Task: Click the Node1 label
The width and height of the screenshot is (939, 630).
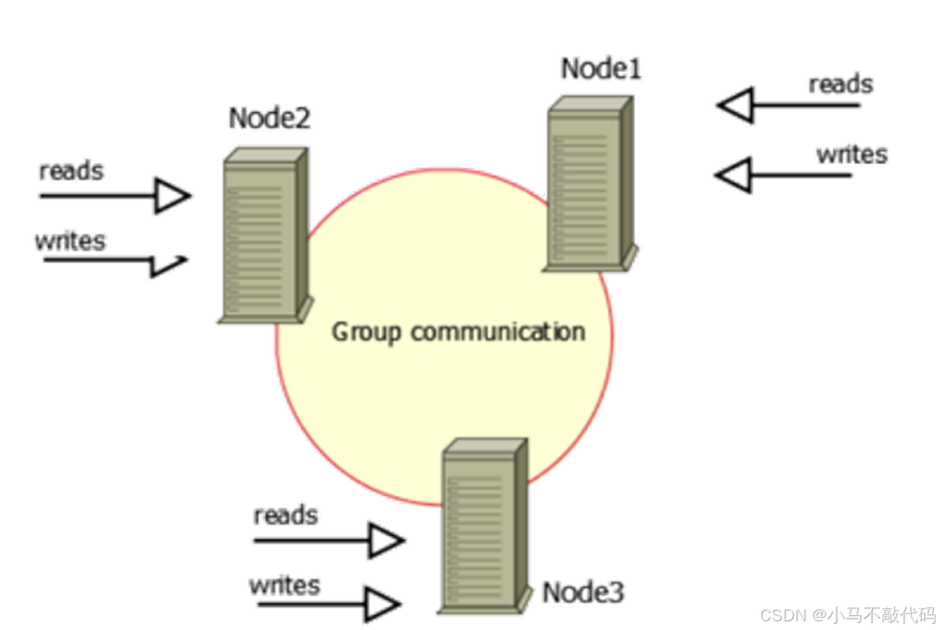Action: click(x=600, y=69)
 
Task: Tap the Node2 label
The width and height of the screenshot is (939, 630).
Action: click(x=269, y=118)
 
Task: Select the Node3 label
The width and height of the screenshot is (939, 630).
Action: click(x=583, y=593)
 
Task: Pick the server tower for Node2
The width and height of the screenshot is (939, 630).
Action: click(x=264, y=235)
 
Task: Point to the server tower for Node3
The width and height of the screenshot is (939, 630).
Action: click(x=483, y=526)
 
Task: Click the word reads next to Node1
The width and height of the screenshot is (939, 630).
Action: click(x=840, y=84)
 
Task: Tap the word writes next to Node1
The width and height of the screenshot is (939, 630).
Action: click(x=851, y=154)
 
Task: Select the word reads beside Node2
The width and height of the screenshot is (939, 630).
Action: click(x=70, y=171)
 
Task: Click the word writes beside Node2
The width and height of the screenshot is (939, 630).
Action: click(x=69, y=240)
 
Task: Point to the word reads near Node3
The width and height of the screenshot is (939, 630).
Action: click(x=285, y=515)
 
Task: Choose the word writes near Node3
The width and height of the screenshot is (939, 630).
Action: click(x=284, y=586)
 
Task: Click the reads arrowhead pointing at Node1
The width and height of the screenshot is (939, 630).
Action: click(x=735, y=106)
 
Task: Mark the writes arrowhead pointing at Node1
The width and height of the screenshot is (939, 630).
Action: click(x=732, y=175)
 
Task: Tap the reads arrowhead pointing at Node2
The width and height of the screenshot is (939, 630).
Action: click(x=172, y=195)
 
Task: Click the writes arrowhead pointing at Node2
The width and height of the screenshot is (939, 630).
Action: click(x=169, y=264)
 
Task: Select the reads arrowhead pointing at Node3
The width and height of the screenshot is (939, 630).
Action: click(x=387, y=541)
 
